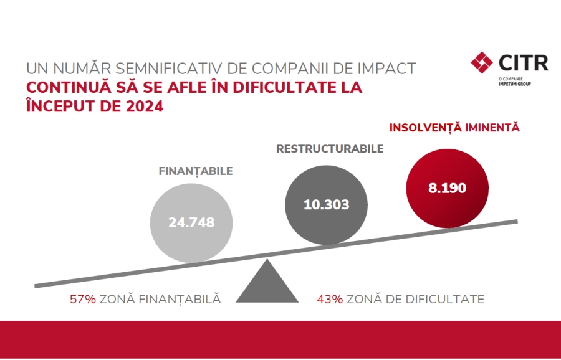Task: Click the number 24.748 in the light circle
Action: [191, 222]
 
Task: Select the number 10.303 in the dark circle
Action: [326, 204]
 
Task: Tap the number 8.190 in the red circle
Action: [446, 187]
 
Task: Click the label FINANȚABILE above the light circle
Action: [195, 170]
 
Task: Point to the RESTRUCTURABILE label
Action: [329, 149]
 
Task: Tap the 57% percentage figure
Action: [83, 299]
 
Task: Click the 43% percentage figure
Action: [330, 299]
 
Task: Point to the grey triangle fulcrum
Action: [267, 285]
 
